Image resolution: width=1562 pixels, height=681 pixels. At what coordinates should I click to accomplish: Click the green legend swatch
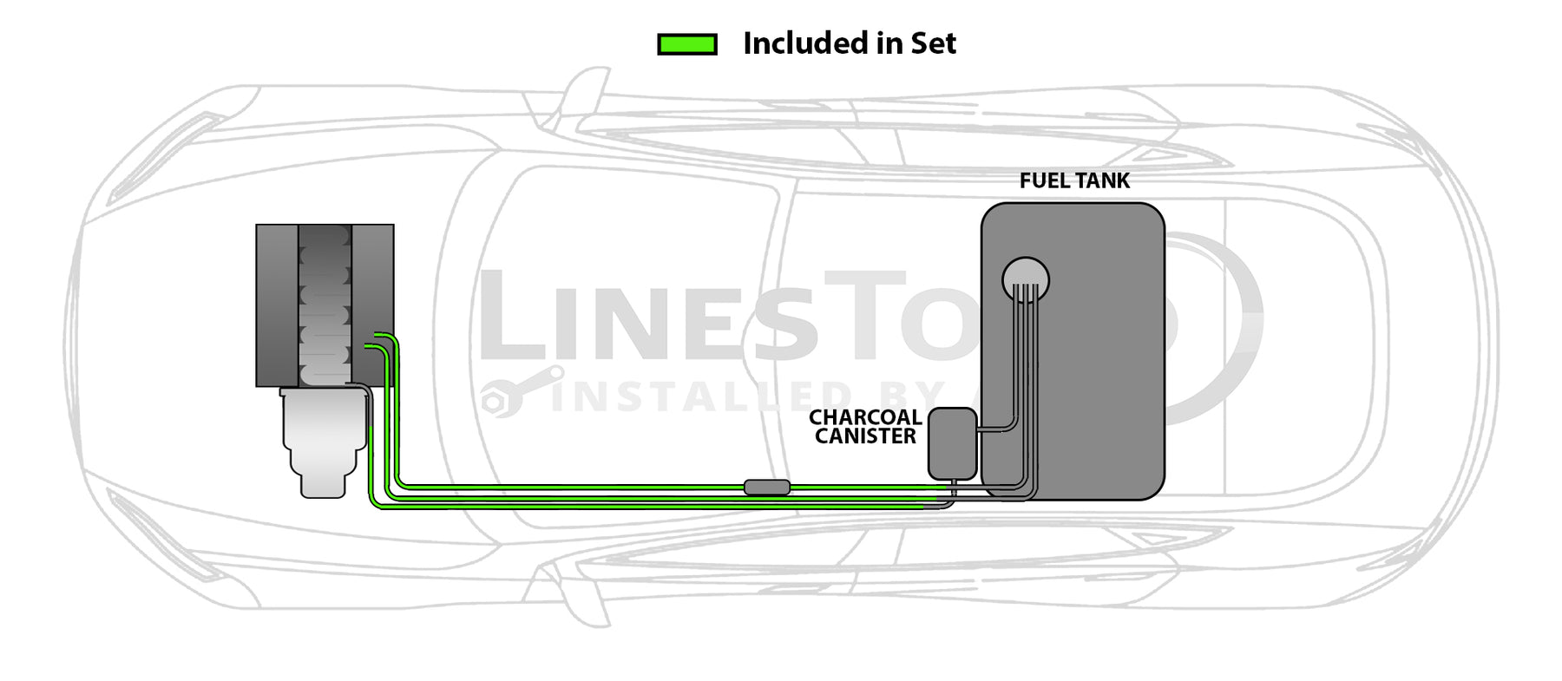(x=686, y=44)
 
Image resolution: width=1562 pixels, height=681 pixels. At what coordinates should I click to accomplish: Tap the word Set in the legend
(x=933, y=43)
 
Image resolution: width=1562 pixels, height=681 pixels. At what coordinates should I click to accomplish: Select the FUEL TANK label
(x=1074, y=181)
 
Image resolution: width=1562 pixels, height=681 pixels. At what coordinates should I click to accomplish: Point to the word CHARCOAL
(x=864, y=417)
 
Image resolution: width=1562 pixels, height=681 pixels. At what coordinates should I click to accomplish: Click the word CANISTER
(x=865, y=436)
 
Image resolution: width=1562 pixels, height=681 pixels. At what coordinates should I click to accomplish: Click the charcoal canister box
(x=952, y=443)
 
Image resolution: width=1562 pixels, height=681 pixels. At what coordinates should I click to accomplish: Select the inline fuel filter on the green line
(x=767, y=488)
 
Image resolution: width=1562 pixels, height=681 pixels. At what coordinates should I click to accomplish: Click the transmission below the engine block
(x=324, y=442)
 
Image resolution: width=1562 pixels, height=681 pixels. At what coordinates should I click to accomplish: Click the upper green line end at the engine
(x=378, y=334)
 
